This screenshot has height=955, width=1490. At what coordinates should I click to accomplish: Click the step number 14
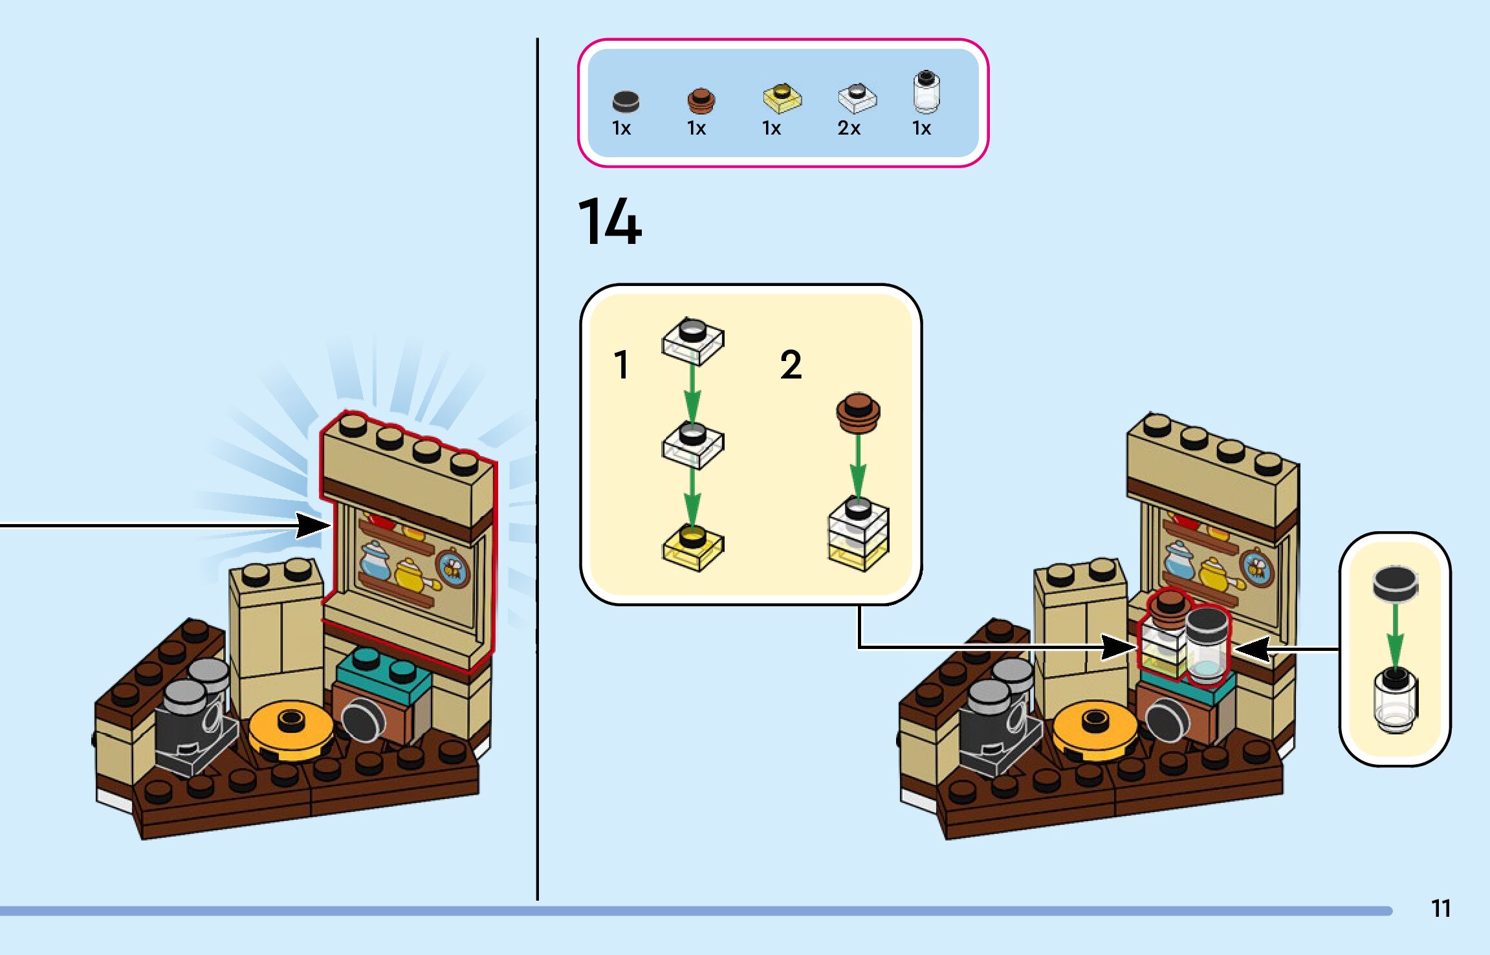(x=609, y=222)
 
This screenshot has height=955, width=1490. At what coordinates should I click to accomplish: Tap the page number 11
(x=1440, y=908)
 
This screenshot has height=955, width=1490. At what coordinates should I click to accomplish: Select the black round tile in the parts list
(x=625, y=101)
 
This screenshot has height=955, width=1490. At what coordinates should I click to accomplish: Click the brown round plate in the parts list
(x=701, y=100)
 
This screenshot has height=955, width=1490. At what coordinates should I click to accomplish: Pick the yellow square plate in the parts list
(x=782, y=98)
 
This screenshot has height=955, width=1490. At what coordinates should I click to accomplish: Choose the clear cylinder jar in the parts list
(x=926, y=92)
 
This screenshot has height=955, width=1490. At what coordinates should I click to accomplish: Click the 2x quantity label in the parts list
(x=849, y=128)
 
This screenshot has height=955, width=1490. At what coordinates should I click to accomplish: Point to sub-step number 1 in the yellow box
(x=621, y=364)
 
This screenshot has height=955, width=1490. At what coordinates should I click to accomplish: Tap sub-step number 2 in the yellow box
(x=791, y=364)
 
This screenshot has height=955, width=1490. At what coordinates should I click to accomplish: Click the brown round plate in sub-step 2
(x=858, y=412)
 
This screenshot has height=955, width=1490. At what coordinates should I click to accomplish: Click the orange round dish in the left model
(x=290, y=728)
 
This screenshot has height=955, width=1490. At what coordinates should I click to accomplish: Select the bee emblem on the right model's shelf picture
(x=1257, y=567)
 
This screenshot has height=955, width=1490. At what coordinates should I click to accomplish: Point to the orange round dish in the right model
(x=1094, y=728)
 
